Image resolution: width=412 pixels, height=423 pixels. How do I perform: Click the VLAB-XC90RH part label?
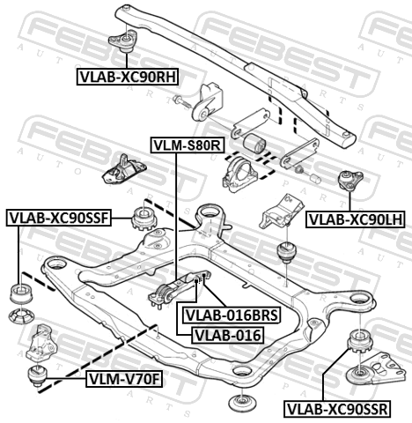pos(128,77)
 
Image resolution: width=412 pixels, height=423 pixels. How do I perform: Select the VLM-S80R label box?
pos(188,145)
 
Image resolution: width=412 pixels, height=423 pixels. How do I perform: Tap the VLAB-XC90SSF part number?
pos(59,218)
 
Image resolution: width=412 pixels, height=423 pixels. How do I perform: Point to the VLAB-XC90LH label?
pos(356,219)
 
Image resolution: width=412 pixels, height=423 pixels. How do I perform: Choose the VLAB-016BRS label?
pos(231,315)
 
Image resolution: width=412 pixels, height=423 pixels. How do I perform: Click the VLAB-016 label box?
pos(228,335)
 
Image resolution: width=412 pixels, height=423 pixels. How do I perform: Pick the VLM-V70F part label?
pos(124,379)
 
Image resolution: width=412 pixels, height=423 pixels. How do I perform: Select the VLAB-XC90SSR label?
pos(337,409)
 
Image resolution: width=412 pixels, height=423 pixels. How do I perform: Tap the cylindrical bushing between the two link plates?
pos(254,143)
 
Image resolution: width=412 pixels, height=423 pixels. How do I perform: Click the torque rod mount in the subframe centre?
pos(180,289)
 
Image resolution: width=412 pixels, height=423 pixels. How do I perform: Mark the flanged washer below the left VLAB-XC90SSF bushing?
pos(21,316)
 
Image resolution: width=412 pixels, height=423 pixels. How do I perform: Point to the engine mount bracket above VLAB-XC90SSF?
pos(124,170)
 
